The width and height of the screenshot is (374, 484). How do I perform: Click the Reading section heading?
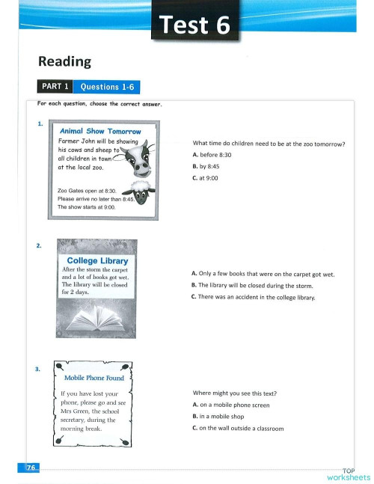pos(64,62)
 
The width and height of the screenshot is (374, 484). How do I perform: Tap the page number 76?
pos(31,468)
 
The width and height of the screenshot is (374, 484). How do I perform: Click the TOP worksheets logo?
pos(348,474)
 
